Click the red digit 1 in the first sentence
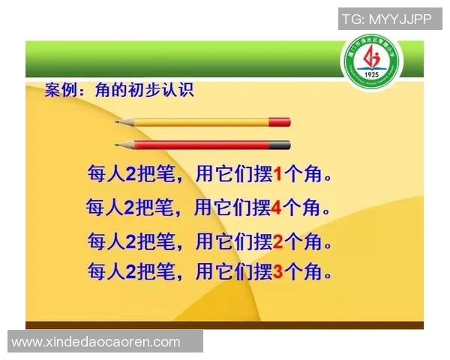277,175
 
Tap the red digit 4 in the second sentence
277,208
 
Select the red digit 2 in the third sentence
277,241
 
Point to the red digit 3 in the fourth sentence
277,271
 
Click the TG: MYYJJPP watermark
387,19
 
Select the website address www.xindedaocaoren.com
96,342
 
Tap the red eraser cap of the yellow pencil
279,121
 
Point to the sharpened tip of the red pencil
118,145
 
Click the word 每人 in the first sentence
105,175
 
